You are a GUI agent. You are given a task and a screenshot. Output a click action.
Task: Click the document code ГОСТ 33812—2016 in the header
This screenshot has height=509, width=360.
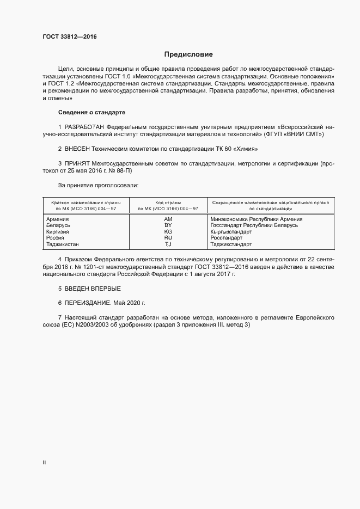(70, 37)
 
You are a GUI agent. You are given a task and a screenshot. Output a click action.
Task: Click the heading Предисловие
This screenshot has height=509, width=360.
(188, 54)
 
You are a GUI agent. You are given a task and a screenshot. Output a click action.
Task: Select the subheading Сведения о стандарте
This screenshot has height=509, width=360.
(91, 112)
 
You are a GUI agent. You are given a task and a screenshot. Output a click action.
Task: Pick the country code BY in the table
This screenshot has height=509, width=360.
(168, 225)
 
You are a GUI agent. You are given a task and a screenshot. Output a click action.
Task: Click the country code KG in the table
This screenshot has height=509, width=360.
(168, 231)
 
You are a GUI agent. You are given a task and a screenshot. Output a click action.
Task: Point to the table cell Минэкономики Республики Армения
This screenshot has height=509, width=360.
(256, 219)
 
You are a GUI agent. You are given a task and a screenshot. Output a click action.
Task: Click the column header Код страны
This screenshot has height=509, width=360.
(168, 202)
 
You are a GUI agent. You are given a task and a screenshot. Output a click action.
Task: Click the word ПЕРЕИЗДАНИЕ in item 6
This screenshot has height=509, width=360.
(88, 302)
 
